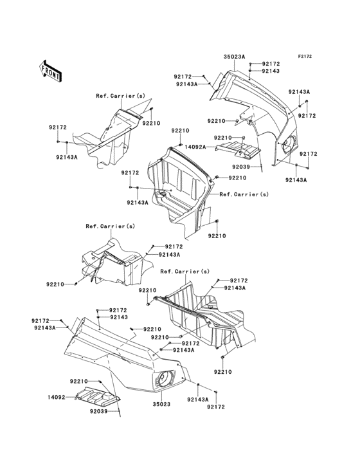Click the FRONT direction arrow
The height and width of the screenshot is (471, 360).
[x=51, y=70]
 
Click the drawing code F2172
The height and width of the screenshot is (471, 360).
[x=304, y=57]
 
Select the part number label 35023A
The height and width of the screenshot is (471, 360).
[x=234, y=57]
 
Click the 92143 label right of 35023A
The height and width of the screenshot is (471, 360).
[x=271, y=71]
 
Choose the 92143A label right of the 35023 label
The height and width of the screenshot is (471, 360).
[x=197, y=400]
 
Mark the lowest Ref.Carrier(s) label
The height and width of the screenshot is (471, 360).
[x=185, y=272]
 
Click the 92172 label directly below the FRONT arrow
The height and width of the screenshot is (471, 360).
[x=58, y=127]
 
